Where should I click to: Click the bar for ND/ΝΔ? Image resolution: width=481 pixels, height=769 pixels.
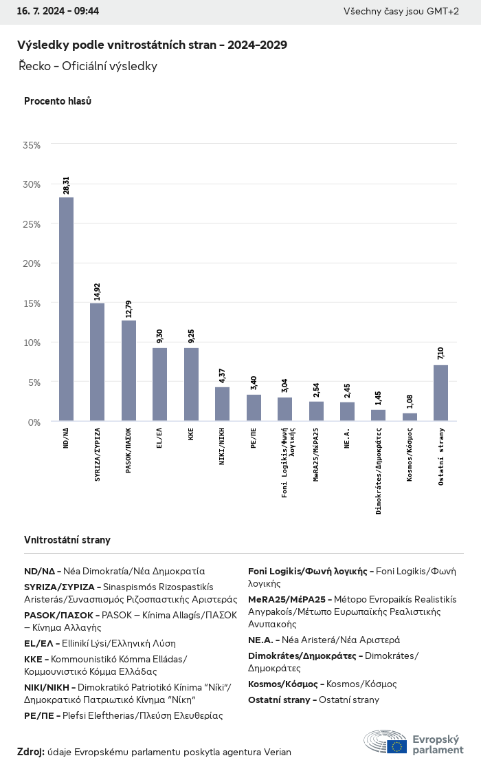pyautogui.click(x=66, y=309)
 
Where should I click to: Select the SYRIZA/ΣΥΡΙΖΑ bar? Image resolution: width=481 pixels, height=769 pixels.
pyautogui.click(x=97, y=362)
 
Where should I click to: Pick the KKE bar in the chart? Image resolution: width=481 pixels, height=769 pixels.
pyautogui.click(x=191, y=384)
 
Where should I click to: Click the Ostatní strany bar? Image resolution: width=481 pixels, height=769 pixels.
pyautogui.click(x=440, y=393)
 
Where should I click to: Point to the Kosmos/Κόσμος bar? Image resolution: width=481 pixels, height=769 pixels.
pyautogui.click(x=410, y=417)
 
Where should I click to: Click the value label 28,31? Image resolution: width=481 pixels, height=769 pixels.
pyautogui.click(x=67, y=186)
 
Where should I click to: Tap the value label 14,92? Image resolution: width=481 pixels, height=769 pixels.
pyautogui.click(x=98, y=292)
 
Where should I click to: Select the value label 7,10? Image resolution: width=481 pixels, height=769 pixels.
pyautogui.click(x=440, y=354)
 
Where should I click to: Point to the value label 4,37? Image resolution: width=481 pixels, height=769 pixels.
pyautogui.click(x=222, y=376)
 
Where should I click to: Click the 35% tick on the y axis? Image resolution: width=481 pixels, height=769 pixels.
pyautogui.click(x=32, y=145)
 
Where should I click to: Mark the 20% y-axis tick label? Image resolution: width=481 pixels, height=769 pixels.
pyautogui.click(x=32, y=263)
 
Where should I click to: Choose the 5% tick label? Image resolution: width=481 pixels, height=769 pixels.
pyautogui.click(x=34, y=382)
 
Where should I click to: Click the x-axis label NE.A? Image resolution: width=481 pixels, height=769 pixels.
pyautogui.click(x=348, y=437)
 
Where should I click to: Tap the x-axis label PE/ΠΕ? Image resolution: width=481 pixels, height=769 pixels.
pyautogui.click(x=254, y=437)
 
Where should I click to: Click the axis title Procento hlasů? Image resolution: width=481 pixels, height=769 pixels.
pyautogui.click(x=58, y=101)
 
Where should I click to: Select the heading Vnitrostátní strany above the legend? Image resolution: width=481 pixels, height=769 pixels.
pyautogui.click(x=67, y=540)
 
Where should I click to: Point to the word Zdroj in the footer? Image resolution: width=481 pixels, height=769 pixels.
pyautogui.click(x=30, y=752)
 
